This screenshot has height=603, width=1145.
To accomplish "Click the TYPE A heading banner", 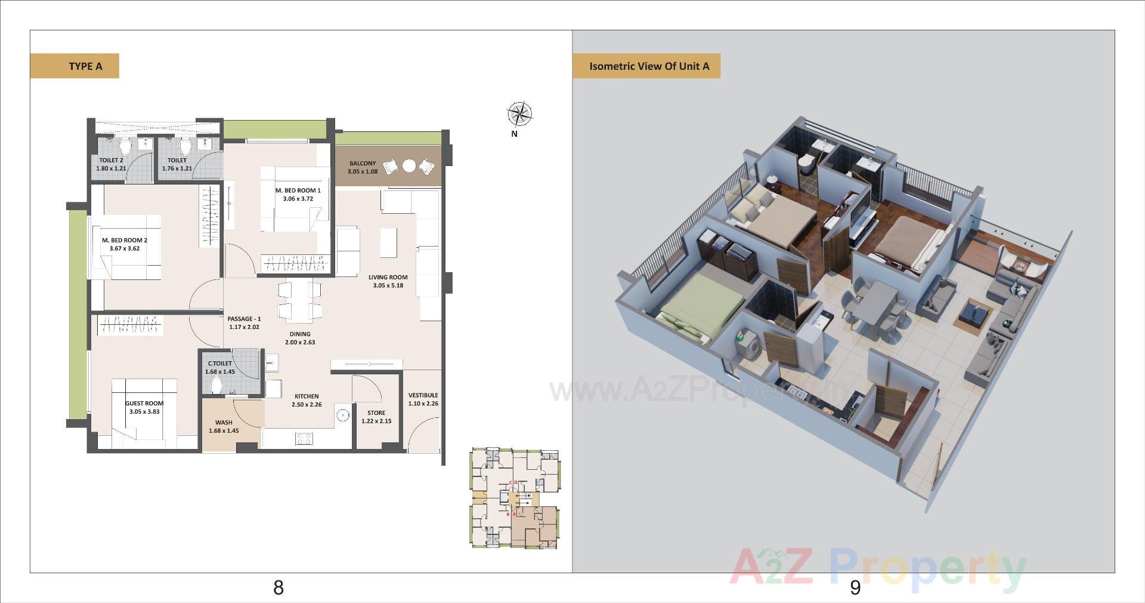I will pos(75,66).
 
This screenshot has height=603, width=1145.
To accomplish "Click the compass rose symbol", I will pos(519,114).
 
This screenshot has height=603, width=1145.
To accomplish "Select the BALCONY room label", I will pos(363,164).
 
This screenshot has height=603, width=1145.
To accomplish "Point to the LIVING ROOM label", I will pos(388,277).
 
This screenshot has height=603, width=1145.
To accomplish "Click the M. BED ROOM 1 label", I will pos(298,190).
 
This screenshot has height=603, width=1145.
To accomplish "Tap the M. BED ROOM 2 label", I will pos(125,240).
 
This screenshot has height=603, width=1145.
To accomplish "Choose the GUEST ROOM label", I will pos(144,404).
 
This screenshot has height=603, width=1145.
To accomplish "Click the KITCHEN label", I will pos(307,396).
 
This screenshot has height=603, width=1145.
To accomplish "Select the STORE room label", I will pos(376,413).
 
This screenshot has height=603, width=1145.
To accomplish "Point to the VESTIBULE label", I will pos(423,395).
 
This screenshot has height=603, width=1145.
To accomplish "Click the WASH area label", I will pos(224,423).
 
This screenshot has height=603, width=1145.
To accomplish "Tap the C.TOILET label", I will pos(219,364).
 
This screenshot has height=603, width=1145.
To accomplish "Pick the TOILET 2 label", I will pos(111,160).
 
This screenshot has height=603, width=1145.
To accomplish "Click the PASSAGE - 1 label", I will pos(244,319).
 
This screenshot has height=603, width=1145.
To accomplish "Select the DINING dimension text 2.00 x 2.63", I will pos(300,343).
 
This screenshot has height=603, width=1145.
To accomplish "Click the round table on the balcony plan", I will pos(409,166).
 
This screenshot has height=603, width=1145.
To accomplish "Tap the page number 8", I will pos(278,587).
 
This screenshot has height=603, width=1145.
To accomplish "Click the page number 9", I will pos(855,587).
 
